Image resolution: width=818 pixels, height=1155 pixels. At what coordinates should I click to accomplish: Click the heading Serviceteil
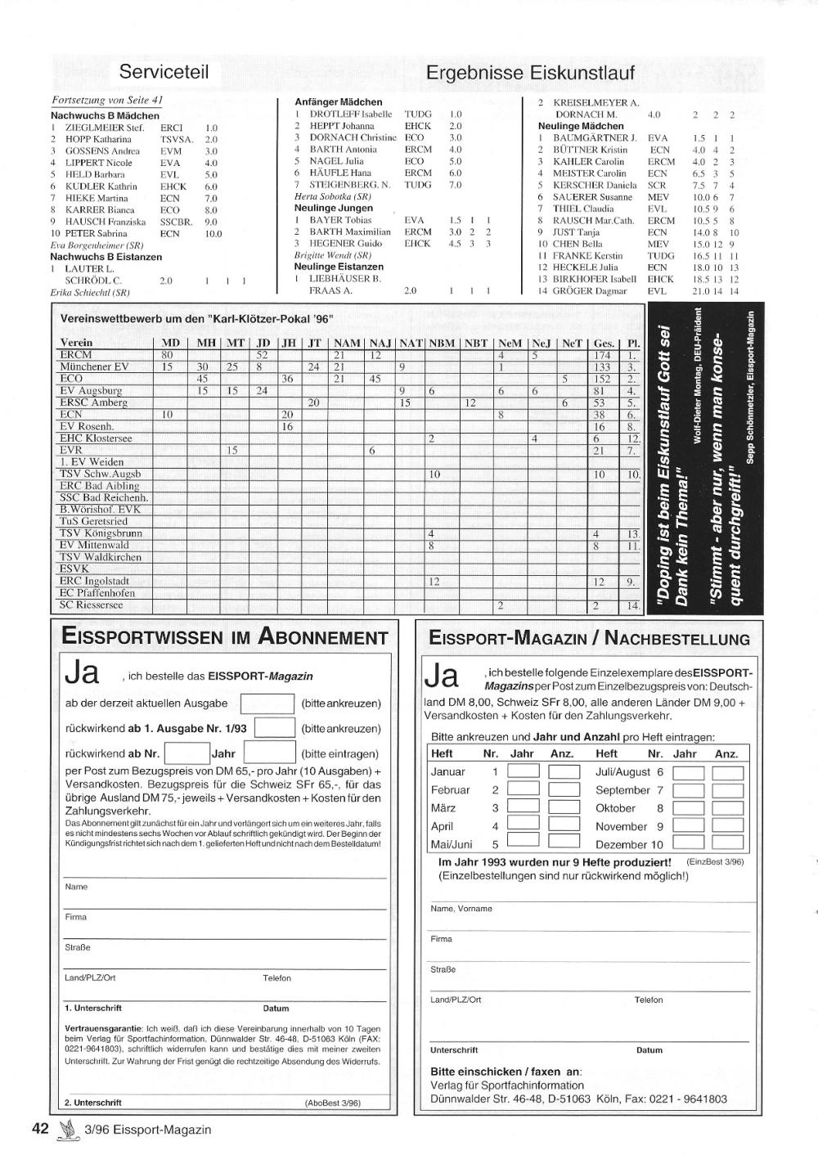(x=164, y=71)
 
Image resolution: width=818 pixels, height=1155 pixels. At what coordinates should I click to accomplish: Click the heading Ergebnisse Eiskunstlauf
(x=530, y=73)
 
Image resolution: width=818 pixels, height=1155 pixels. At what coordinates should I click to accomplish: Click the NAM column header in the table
(x=346, y=343)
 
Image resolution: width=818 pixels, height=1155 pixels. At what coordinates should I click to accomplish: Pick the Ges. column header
(x=604, y=343)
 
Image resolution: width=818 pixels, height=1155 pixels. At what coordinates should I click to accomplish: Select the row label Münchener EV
(x=94, y=367)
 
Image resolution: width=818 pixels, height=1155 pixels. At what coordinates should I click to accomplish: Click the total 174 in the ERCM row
(x=602, y=355)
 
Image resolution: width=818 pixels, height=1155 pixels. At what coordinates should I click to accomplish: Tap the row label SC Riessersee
(x=91, y=605)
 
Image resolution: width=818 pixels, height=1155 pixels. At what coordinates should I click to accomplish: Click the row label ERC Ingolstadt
(x=94, y=582)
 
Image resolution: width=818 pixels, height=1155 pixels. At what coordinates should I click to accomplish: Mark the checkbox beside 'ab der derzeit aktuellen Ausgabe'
(x=267, y=703)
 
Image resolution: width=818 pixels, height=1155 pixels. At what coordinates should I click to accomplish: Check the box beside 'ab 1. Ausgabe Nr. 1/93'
(x=275, y=728)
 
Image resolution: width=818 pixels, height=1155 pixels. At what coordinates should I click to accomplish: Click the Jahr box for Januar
(x=524, y=771)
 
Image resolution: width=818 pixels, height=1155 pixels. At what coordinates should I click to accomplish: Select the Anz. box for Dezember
(x=727, y=844)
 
